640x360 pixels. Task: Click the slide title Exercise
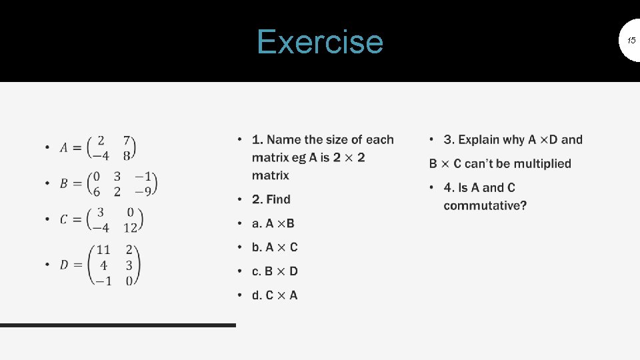pyautogui.click(x=320, y=41)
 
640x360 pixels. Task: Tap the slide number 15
pyautogui.click(x=630, y=41)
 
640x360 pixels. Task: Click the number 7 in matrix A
pyautogui.click(x=127, y=141)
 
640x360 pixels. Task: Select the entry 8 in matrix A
pyautogui.click(x=126, y=156)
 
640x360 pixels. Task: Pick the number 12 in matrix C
pyautogui.click(x=131, y=227)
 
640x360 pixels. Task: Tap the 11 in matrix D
pyautogui.click(x=103, y=250)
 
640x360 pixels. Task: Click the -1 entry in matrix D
pyautogui.click(x=102, y=281)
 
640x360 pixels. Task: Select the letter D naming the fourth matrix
pyautogui.click(x=64, y=265)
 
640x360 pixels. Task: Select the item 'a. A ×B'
pyautogui.click(x=273, y=223)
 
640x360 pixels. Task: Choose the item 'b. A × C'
pyautogui.click(x=275, y=247)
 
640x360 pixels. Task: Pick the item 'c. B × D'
pyautogui.click(x=275, y=271)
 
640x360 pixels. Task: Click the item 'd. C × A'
pyautogui.click(x=275, y=295)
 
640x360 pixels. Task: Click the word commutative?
pyautogui.click(x=485, y=205)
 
